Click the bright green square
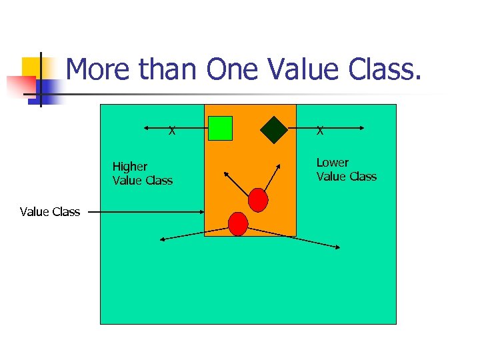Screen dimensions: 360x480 220,128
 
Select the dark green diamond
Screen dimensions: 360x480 273,130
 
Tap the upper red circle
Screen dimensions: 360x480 258,199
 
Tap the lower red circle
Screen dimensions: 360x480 238,223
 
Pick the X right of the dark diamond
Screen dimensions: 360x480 320,131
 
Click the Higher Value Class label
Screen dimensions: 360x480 142,173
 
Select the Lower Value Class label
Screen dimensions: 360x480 346,169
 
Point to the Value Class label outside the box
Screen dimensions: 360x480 50,212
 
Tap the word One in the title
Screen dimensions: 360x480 230,69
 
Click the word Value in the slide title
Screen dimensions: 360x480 303,69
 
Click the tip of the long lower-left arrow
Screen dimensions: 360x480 161,239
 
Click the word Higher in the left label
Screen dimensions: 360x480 130,167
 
